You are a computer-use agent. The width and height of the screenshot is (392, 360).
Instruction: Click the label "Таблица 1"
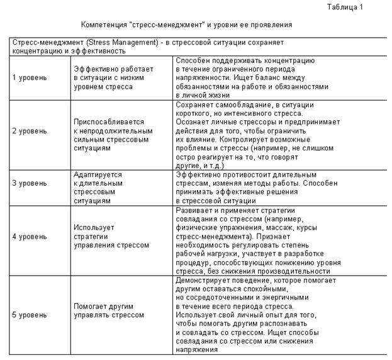[345, 7]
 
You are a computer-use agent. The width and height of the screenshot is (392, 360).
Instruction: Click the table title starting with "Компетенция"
[186, 25]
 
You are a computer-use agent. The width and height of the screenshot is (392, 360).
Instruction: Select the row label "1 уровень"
[30, 77]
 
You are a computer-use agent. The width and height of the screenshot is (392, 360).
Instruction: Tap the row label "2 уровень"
[30, 131]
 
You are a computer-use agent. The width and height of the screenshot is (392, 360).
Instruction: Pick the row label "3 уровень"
[30, 183]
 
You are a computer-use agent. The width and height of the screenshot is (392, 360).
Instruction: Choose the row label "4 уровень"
[30, 237]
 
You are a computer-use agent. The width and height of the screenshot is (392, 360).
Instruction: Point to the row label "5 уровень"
[30, 314]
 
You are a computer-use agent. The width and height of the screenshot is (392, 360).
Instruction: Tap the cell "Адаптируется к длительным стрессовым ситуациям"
[98, 187]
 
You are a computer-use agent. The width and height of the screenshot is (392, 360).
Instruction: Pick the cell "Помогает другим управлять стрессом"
[109, 310]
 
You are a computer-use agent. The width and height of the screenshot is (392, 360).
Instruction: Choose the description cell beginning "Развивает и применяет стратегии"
[251, 237]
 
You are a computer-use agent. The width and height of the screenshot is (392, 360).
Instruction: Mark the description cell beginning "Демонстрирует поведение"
[251, 314]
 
